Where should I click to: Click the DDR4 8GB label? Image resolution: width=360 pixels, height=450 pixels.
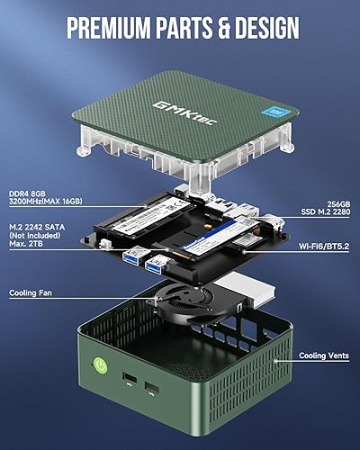click(x=27, y=193)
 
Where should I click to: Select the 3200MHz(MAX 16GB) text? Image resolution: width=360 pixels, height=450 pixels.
click(x=43, y=204)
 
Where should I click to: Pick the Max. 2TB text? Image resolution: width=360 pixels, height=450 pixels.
click(x=27, y=249)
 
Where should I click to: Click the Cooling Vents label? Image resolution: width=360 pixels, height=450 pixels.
click(x=323, y=355)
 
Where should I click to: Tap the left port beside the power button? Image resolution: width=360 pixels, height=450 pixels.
click(x=128, y=376)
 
